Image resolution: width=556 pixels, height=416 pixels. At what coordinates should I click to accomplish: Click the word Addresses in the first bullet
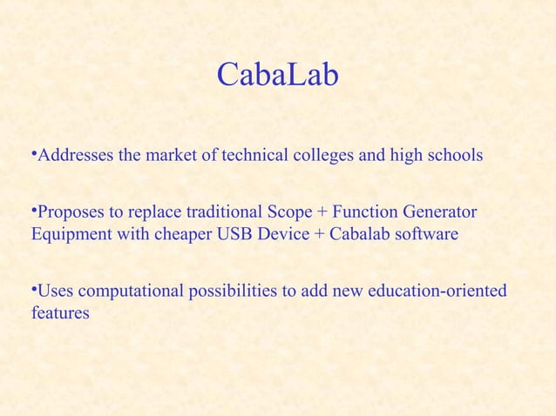74,157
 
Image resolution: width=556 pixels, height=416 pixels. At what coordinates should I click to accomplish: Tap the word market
173,157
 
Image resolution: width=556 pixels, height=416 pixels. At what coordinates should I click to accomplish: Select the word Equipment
68,235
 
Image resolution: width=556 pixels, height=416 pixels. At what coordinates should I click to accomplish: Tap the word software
428,235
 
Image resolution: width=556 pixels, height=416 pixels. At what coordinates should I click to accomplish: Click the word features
59,312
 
